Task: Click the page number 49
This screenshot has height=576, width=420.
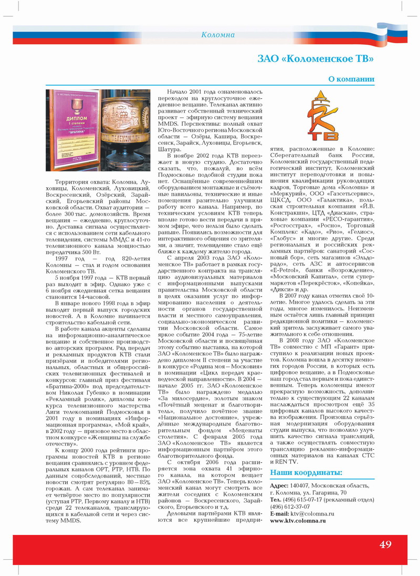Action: [385, 544]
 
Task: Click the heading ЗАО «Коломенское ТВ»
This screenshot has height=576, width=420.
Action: [316, 57]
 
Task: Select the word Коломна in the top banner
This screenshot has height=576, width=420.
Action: [218, 35]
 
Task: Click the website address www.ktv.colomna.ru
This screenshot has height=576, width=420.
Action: [298, 520]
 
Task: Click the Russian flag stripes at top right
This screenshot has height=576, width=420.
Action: [399, 37]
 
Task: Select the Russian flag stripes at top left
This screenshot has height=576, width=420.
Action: [31, 37]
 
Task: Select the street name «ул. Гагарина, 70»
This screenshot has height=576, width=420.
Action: [325, 492]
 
